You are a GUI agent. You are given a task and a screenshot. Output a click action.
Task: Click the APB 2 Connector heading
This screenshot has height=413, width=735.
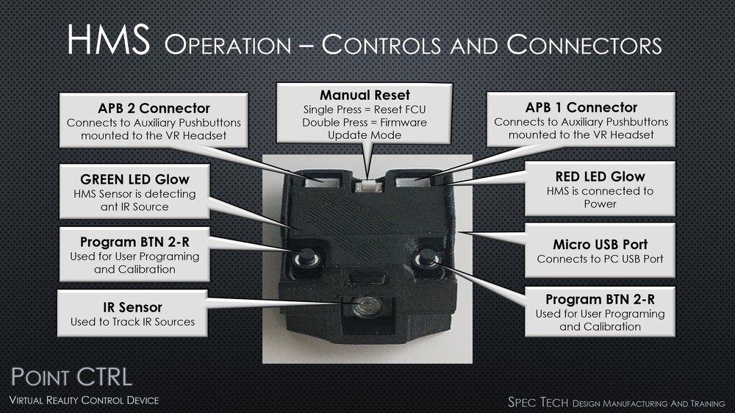pos(154,108)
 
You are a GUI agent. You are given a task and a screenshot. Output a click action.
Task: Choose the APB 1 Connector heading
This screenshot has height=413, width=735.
pos(581,107)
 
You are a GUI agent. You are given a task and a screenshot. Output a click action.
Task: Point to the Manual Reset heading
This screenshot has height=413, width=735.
pos(365,95)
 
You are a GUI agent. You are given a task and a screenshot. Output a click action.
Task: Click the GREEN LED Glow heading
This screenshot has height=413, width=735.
pos(134,179)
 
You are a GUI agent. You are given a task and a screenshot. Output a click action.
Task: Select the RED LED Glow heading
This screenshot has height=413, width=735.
pos(600,176)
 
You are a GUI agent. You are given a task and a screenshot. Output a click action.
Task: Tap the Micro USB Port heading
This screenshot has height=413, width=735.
pos(600,244)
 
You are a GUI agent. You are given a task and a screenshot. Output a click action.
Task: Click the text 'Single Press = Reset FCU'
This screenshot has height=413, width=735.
pos(365,109)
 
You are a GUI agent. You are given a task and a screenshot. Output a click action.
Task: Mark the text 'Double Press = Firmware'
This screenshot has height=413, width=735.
pos(365,122)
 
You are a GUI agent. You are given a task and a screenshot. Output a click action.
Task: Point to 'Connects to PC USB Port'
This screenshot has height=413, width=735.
pos(600,259)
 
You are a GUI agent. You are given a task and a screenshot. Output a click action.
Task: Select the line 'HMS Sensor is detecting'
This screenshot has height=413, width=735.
pos(134,194)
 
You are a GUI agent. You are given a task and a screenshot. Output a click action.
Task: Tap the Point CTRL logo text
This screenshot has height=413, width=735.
pos(71,378)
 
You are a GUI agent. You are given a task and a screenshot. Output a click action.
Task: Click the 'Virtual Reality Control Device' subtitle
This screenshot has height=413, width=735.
pos(84,401)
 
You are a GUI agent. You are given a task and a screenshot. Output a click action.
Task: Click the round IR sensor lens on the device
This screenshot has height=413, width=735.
pos(362,306)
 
